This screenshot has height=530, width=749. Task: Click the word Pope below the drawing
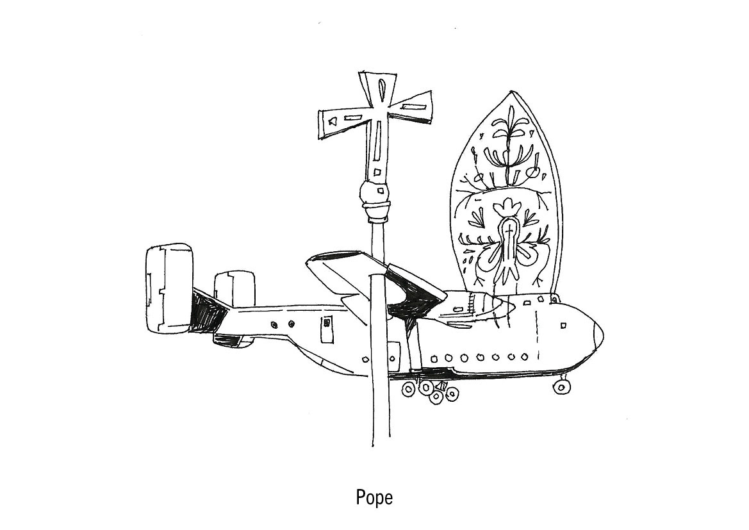(x=374, y=497)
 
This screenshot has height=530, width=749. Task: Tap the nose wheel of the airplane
(x=562, y=386)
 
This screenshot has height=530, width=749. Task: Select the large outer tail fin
(x=168, y=289)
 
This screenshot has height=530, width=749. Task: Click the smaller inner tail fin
(x=234, y=288)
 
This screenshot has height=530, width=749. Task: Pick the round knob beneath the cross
(x=374, y=191)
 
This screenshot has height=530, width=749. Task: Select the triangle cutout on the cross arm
(x=332, y=120)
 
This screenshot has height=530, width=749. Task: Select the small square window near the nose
(x=563, y=326)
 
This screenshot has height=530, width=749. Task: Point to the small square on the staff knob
(x=380, y=190)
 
